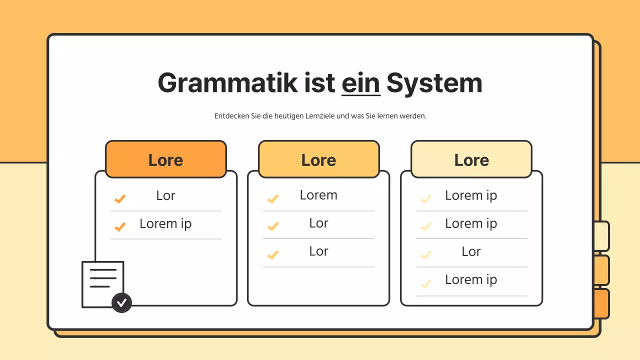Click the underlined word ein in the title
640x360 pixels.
tap(361, 83)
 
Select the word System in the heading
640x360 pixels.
tap(434, 83)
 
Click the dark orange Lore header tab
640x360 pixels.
tap(166, 159)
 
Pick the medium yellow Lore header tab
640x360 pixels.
tap(319, 159)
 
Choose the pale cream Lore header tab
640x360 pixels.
tap(471, 159)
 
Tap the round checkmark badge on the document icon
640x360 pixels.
tap(121, 302)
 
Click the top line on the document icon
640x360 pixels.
tap(103, 269)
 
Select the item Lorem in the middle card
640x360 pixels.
tap(318, 195)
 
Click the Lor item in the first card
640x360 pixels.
tap(165, 195)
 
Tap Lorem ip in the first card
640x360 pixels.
tap(165, 223)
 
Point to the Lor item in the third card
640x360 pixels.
tap(471, 251)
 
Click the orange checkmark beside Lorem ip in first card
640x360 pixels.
tap(120, 227)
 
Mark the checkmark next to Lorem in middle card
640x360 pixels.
tap(273, 199)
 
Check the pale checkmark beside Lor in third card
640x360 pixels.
tap(426, 255)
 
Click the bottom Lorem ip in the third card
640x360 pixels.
tap(471, 279)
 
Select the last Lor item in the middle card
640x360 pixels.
tap(318, 251)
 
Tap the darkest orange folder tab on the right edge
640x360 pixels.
tap(602, 303)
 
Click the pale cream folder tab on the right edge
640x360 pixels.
tap(602, 236)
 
